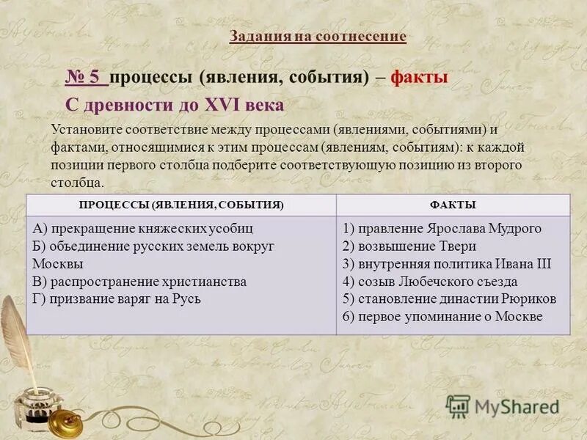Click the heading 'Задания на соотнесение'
[x=317, y=37]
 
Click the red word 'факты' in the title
[x=419, y=78]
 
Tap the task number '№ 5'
[x=87, y=78]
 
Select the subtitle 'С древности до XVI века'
[x=175, y=105]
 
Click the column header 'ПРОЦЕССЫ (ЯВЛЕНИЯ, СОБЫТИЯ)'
[x=181, y=205]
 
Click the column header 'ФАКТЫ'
[x=453, y=205]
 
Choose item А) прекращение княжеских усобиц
[x=143, y=229]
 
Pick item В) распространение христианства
[x=139, y=282]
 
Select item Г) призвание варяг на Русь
[x=117, y=299]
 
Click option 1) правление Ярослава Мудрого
[x=442, y=229]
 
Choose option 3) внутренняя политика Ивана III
[x=446, y=264]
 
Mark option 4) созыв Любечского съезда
[x=430, y=282]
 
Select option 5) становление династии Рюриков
[x=449, y=299]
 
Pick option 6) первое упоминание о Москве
[x=442, y=317]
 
